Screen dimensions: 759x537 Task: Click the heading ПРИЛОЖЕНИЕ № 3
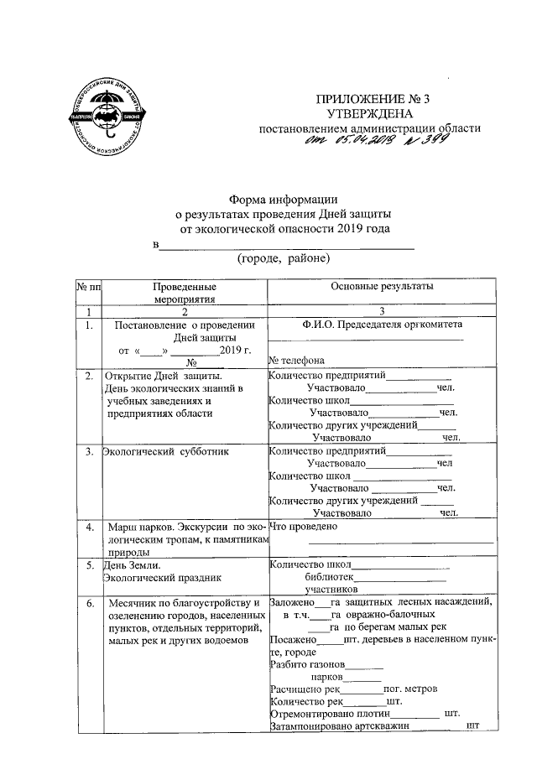coord(368,100)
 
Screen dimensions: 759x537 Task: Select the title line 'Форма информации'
coord(284,199)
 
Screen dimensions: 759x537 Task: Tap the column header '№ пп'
coord(88,288)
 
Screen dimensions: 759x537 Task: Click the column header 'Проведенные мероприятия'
coord(185,293)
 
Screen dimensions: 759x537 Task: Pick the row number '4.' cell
coord(89,527)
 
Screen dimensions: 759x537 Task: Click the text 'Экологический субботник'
coord(155,452)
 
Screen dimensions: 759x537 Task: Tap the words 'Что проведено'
coord(303,527)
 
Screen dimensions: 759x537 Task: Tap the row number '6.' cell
coord(89,602)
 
